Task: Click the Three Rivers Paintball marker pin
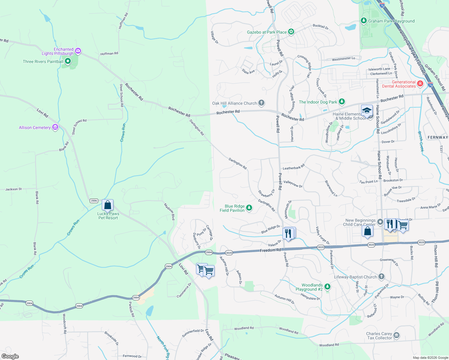click(68, 61)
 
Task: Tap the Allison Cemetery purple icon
click(55, 127)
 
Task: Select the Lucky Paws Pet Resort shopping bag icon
click(108, 205)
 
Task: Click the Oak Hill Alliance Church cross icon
click(261, 103)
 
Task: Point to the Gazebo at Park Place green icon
click(291, 32)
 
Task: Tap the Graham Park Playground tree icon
click(364, 21)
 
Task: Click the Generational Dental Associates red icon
click(420, 84)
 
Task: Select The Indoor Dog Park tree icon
click(342, 102)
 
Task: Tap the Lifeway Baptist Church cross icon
click(381, 277)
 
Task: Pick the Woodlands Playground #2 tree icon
click(327, 287)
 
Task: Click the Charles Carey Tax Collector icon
click(396, 335)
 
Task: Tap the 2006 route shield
click(94, 201)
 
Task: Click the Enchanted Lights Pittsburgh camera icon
click(78, 51)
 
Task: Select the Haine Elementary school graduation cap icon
click(367, 111)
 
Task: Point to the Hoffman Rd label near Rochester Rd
click(109, 54)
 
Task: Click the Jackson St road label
click(14, 189)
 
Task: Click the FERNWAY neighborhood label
click(438, 137)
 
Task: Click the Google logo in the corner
click(10, 356)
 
